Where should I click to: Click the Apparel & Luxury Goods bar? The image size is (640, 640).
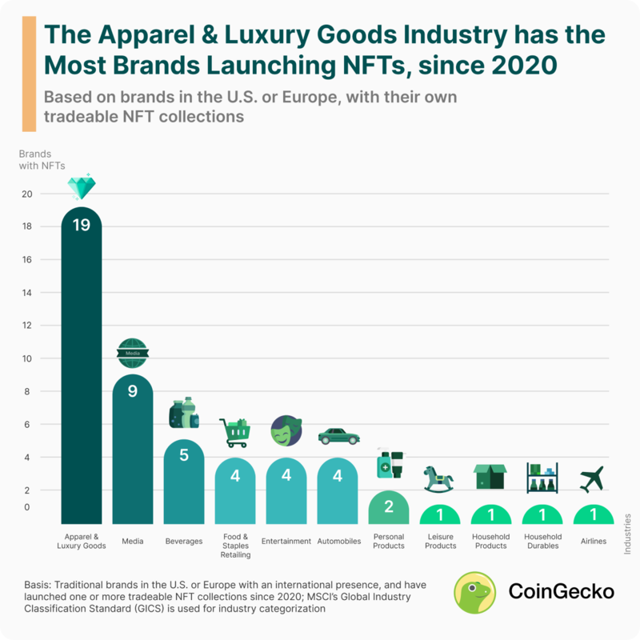click(x=82, y=368)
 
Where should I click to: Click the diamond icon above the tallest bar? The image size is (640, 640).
click(x=82, y=188)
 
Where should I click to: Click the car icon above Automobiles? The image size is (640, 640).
click(x=338, y=437)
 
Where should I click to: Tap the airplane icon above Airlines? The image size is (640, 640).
click(x=593, y=478)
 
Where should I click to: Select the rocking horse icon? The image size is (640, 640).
click(x=438, y=479)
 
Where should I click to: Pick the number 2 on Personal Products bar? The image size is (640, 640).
click(x=388, y=507)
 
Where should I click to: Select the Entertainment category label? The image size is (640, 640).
click(x=286, y=542)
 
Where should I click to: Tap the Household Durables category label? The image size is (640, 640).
click(x=542, y=542)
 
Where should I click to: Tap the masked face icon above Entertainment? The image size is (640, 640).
click(x=285, y=433)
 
